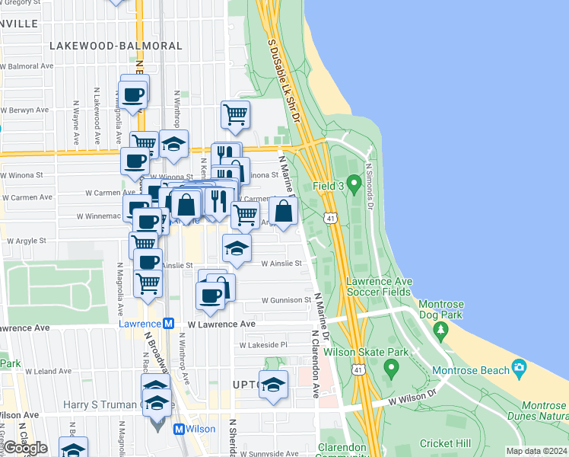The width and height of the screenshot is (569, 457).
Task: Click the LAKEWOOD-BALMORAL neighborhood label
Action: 116,46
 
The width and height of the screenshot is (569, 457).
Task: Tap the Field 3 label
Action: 329,186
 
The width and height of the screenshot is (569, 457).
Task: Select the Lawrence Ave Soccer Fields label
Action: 379,286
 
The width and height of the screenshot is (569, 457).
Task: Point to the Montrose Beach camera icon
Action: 520,370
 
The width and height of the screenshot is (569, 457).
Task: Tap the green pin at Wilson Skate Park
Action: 392,369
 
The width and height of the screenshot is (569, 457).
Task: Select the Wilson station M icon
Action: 180,429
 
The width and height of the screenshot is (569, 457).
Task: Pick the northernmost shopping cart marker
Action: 235,115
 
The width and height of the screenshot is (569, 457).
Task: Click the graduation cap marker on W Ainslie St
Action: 237,248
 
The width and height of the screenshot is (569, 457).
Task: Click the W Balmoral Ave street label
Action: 27,66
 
